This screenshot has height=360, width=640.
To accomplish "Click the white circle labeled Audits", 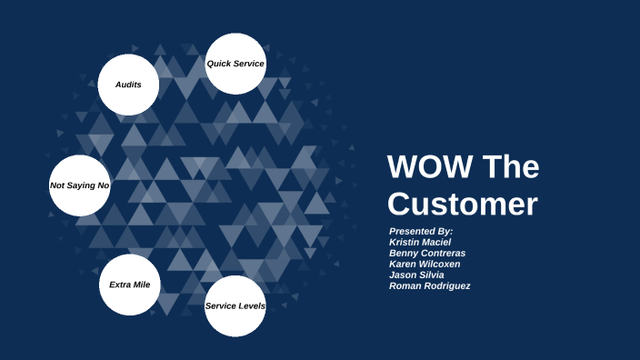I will [x=128, y=85].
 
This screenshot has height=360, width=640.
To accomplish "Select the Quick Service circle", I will [x=235, y=64].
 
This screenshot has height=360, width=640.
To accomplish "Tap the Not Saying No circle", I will [x=79, y=185].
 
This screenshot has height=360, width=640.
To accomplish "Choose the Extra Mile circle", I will [x=129, y=285].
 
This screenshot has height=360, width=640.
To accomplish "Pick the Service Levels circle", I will [x=235, y=305].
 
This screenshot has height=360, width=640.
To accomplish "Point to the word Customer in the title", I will [x=463, y=204].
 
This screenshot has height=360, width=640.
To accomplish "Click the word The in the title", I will [x=509, y=168].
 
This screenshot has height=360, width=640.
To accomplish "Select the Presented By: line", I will [x=420, y=231].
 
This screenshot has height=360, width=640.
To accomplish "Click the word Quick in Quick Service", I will [x=219, y=64].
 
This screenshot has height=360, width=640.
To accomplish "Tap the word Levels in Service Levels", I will [x=251, y=305].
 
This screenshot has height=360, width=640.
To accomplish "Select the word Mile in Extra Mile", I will [x=142, y=285].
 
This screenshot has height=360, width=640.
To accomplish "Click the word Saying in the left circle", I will [x=80, y=185].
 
